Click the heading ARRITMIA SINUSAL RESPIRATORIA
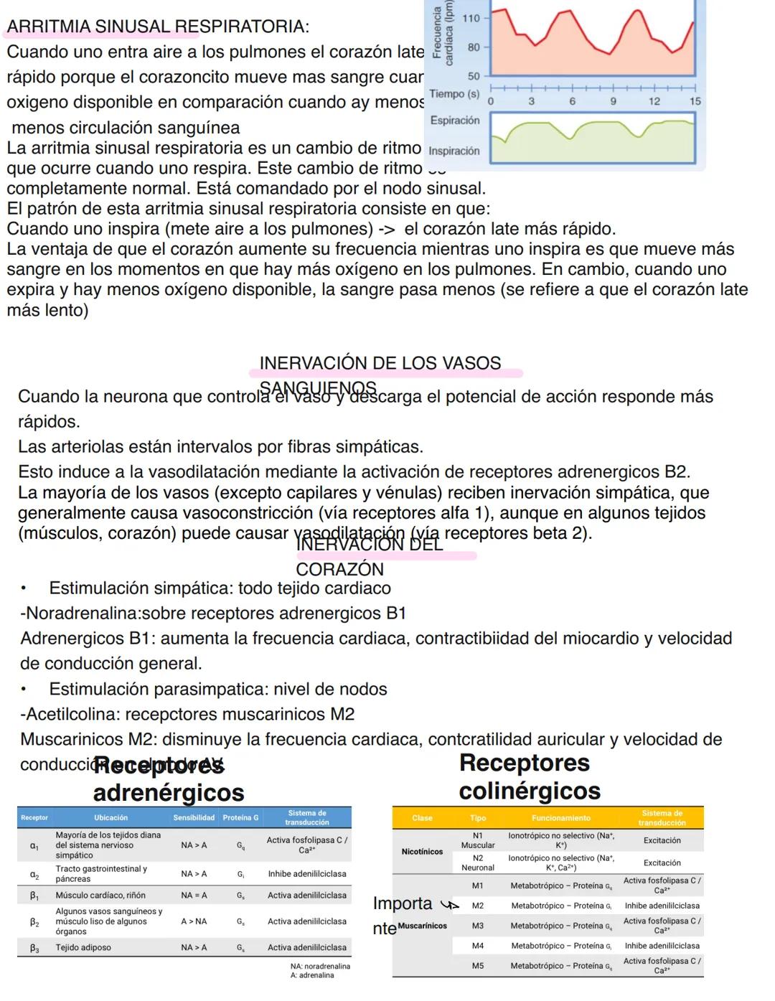coord(158,27)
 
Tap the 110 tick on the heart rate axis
coord(471,18)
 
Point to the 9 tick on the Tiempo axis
coord(613,102)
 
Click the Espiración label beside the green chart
coord(455,121)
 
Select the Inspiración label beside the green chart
coord(454,151)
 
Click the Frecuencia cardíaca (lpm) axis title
coord(443,34)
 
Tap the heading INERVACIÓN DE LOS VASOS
coord(380,363)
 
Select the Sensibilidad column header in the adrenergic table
coord(194,818)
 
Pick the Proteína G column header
coord(240,818)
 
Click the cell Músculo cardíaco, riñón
coord(100,896)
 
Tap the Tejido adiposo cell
coord(83,948)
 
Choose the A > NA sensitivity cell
coord(194,921)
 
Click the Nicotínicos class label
coord(422,852)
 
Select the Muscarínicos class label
coord(422,926)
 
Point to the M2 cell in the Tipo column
coord(478,906)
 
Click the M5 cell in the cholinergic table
coord(478,966)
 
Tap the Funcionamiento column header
coord(561,818)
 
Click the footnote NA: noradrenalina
coord(321,967)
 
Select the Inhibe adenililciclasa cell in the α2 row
coord(307,874)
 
